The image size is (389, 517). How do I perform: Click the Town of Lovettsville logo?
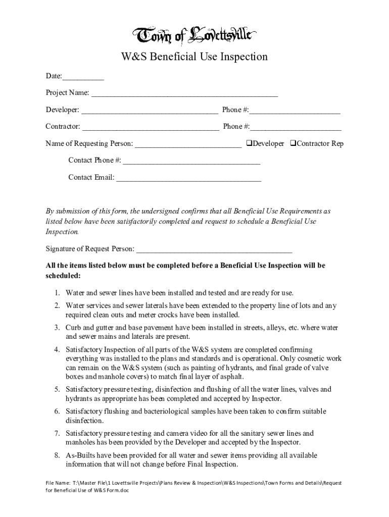(194, 36)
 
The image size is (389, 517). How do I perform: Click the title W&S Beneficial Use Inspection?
(194, 57)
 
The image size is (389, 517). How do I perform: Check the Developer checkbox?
(249, 143)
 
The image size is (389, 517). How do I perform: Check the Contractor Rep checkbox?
(293, 143)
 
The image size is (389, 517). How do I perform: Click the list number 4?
(58, 349)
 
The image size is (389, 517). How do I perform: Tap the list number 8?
(58, 455)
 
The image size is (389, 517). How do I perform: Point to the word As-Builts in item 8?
(81, 455)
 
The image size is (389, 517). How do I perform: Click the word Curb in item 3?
(74, 327)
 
